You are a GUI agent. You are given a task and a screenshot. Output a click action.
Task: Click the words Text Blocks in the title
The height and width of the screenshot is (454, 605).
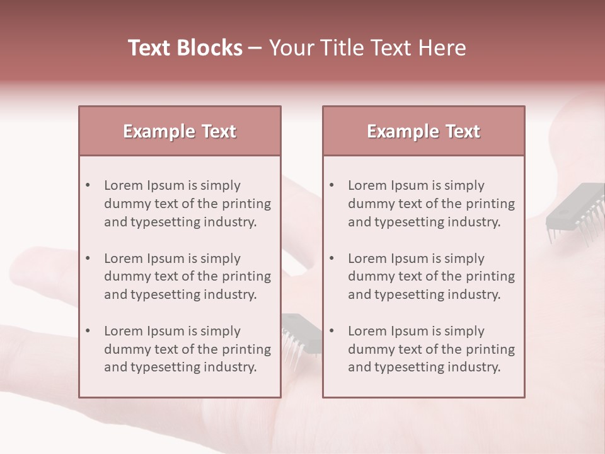click(x=185, y=48)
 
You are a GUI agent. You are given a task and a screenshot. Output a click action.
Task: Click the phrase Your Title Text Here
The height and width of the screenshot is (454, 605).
click(x=367, y=48)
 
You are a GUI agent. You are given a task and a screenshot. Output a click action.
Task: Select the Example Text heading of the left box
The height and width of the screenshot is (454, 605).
click(x=180, y=131)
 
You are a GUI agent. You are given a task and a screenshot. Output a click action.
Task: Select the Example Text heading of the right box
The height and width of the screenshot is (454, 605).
click(x=423, y=131)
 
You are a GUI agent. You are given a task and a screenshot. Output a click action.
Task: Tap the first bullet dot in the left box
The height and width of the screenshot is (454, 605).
click(x=88, y=185)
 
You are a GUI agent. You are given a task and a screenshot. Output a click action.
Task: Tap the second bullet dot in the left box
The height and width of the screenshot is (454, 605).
click(x=88, y=259)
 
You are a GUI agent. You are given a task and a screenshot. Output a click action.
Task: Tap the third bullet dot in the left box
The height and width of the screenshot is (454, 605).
click(x=88, y=331)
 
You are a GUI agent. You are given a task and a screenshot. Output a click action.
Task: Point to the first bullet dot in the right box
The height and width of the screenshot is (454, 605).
click(x=332, y=185)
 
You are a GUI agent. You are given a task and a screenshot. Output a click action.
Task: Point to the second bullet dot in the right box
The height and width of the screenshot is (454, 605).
click(x=332, y=259)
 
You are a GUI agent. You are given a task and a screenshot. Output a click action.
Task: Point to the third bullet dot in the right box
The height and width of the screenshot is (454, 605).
click(x=332, y=331)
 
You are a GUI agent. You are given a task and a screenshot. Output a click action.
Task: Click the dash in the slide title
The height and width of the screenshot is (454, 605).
click(x=255, y=49)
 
